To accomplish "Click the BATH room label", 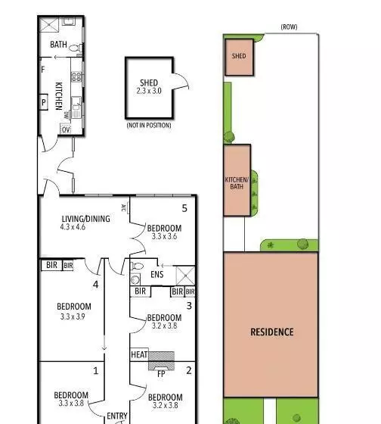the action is (x=58, y=45).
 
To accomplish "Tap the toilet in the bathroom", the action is (x=75, y=48).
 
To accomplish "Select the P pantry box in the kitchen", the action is (x=44, y=102).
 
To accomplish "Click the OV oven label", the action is (x=66, y=129).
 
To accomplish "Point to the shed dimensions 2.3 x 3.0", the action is (x=149, y=91).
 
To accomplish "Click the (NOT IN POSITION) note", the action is (x=149, y=125).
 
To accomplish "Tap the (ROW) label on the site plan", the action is (x=289, y=26).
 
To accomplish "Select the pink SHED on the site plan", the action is (x=239, y=57).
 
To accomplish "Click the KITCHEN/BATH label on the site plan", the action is (x=237, y=183).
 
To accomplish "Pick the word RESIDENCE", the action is (x=272, y=332).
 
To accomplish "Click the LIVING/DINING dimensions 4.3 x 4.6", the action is (x=73, y=227).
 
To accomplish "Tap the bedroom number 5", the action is (x=184, y=208).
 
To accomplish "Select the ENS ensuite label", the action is (x=157, y=274).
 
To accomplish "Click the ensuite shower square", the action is (x=185, y=276).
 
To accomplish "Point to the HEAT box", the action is (x=139, y=354).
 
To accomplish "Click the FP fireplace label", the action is (x=161, y=374).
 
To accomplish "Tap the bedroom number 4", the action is (x=95, y=285).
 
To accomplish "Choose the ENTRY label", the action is (x=117, y=416).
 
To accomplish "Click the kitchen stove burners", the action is (x=76, y=76).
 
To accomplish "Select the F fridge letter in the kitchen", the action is (x=43, y=70).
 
